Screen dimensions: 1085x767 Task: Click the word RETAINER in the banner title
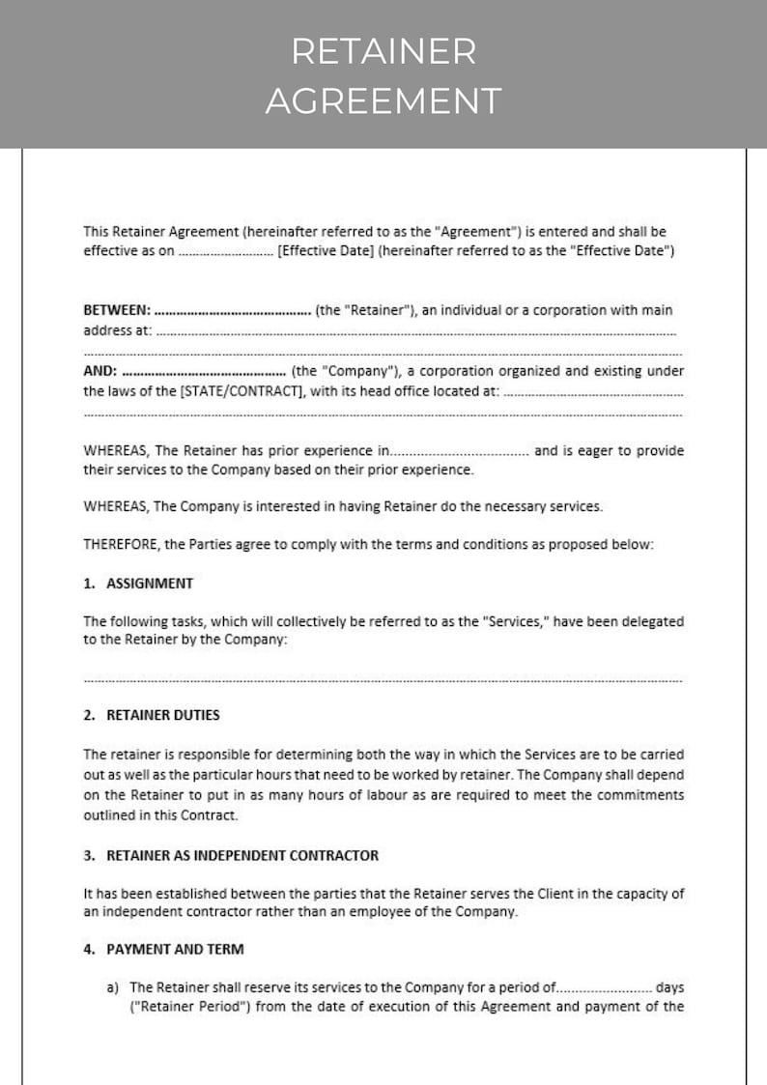point(383,52)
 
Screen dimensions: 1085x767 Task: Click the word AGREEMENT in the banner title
point(383,100)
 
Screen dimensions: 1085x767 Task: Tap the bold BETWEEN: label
point(117,310)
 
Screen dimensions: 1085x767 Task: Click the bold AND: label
point(100,371)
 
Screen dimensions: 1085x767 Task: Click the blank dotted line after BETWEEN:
point(232,312)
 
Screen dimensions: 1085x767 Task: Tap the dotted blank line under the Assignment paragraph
point(383,679)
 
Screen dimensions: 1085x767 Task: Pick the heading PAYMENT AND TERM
point(174,949)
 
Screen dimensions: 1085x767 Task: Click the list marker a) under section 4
point(112,987)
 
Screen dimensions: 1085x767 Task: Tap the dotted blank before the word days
point(605,988)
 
